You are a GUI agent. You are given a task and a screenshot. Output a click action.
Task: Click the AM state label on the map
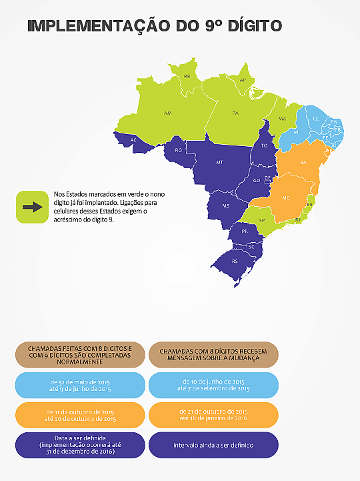click(x=167, y=113)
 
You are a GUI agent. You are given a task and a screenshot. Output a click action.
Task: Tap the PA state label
click(x=235, y=113)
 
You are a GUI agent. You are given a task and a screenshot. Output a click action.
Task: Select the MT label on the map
click(x=219, y=162)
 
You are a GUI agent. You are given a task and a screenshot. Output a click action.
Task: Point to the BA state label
click(x=303, y=162)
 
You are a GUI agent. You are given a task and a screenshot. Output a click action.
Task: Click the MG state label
click(x=286, y=198)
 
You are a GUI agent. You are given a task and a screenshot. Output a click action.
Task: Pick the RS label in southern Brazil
click(x=234, y=262)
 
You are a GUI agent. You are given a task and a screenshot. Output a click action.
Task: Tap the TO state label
click(x=265, y=145)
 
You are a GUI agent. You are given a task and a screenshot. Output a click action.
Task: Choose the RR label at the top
click(x=187, y=77)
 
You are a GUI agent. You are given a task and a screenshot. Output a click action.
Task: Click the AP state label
click(x=243, y=80)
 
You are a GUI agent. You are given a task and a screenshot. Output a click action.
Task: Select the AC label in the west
click(x=134, y=140)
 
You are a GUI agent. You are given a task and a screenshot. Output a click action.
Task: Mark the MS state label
click(x=226, y=206)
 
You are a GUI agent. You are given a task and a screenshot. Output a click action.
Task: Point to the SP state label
click(x=261, y=220)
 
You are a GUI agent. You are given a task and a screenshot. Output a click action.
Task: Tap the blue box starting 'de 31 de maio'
click(x=80, y=385)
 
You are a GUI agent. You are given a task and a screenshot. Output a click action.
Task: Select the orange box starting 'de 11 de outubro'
click(x=80, y=415)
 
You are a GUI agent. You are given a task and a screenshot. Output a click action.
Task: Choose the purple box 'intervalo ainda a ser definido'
click(x=213, y=445)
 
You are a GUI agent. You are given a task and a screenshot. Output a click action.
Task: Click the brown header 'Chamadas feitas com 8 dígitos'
click(x=80, y=355)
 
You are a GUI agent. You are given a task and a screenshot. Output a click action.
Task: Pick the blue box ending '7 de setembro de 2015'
click(x=213, y=385)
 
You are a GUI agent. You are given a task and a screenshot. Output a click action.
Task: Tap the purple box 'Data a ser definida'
click(x=80, y=445)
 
